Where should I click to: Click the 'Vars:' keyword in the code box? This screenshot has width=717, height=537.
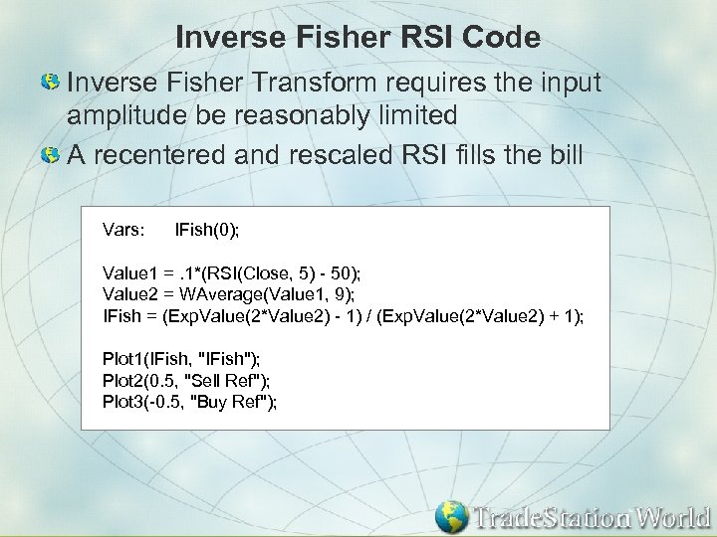[x=124, y=230]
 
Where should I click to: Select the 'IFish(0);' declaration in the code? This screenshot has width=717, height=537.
[x=207, y=230]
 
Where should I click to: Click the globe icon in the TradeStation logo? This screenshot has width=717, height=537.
[x=451, y=517]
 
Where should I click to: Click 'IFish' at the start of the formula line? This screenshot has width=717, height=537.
[x=122, y=316]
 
